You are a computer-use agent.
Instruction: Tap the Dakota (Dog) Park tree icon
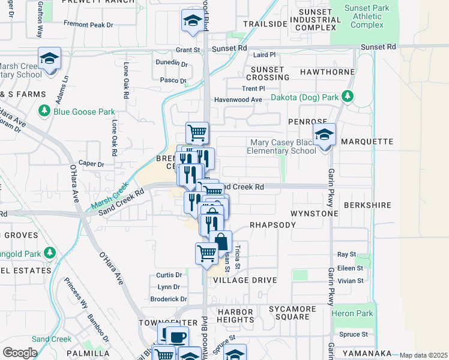pos(347,97)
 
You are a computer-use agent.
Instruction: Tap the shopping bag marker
pos(221,242)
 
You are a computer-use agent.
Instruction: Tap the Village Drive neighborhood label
pos(245,280)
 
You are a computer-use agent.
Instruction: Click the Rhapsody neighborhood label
pos(273,224)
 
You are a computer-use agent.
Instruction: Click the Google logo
pos(20,353)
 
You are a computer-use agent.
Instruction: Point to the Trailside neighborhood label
pos(265,24)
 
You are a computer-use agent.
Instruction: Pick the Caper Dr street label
pos(91,164)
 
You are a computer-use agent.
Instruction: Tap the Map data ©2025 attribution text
pos(424,355)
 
